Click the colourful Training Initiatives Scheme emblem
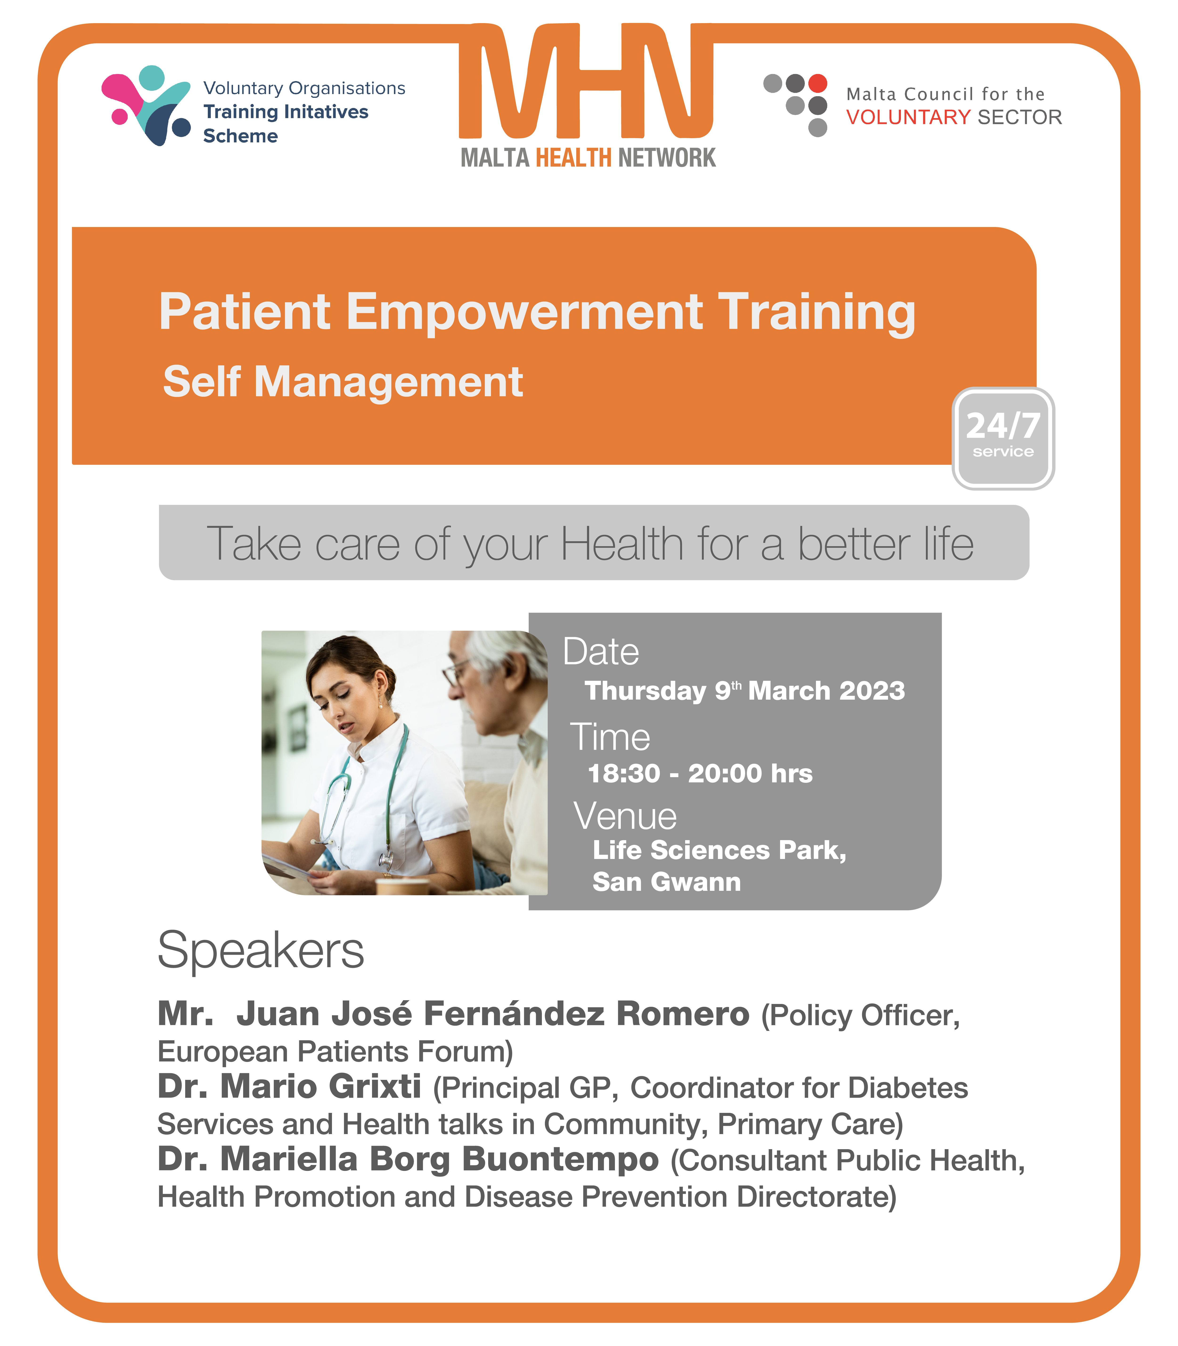pos(146,105)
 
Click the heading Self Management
pos(343,382)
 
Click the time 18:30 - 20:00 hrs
pos(700,773)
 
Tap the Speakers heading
pos(260,951)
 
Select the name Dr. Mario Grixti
pos(289,1086)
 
